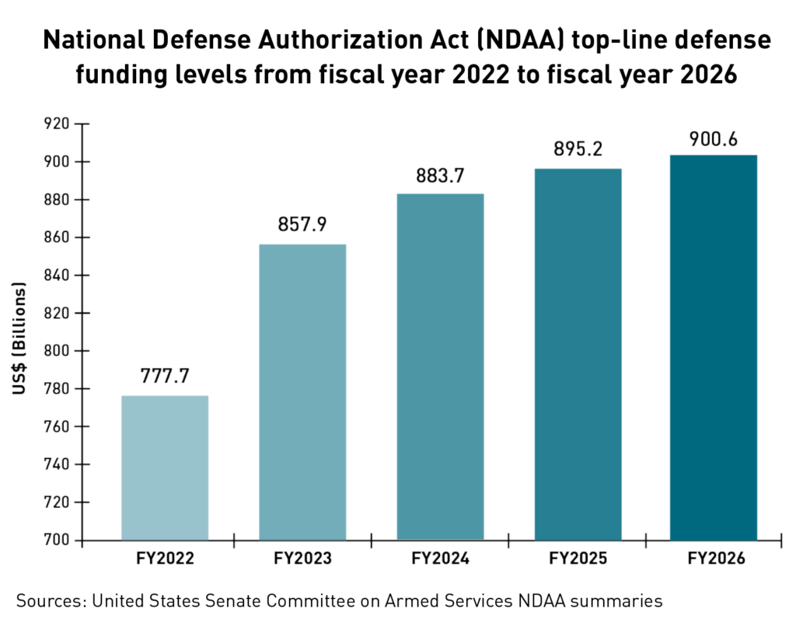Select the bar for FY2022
pos(165,467)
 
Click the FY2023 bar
pos(302,392)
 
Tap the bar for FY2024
pos(440,366)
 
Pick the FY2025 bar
pos(578,354)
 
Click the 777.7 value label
pos(165,375)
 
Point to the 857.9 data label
pos(302,224)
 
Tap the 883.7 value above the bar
pos(440,175)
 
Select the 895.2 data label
pos(578,149)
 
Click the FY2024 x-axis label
pos(440,559)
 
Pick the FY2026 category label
pos(714,559)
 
